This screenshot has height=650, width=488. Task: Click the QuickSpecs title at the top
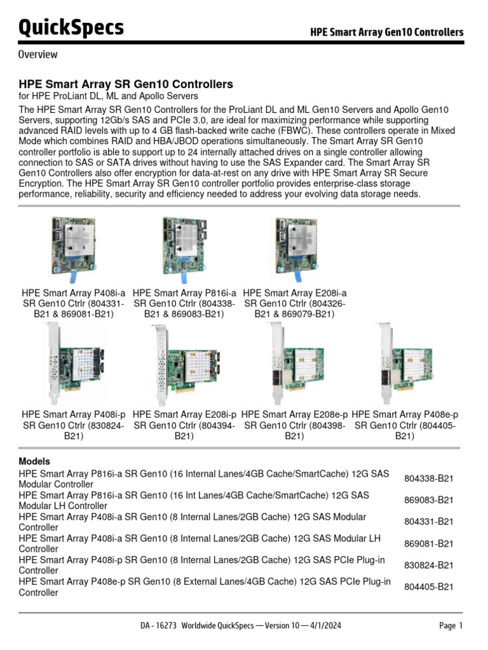pyautogui.click(x=71, y=28)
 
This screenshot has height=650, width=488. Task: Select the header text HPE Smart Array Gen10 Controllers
pyautogui.click(x=386, y=32)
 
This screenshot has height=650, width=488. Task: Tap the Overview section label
pyautogui.click(x=38, y=55)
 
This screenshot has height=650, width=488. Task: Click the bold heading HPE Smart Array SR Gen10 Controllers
pyautogui.click(x=126, y=84)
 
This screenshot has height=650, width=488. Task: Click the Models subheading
pyautogui.click(x=34, y=461)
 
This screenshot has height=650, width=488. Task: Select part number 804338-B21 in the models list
pyautogui.click(x=429, y=479)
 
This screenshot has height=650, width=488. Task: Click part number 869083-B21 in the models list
pyautogui.click(x=429, y=500)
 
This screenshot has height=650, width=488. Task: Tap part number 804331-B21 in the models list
pyautogui.click(x=429, y=522)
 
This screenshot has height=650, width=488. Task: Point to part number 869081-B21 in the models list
pyautogui.click(x=429, y=544)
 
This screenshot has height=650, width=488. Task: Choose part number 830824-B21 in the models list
pyautogui.click(x=429, y=566)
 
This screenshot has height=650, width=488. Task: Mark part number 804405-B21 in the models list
pyautogui.click(x=429, y=587)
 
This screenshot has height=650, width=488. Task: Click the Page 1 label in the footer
pyautogui.click(x=451, y=626)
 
